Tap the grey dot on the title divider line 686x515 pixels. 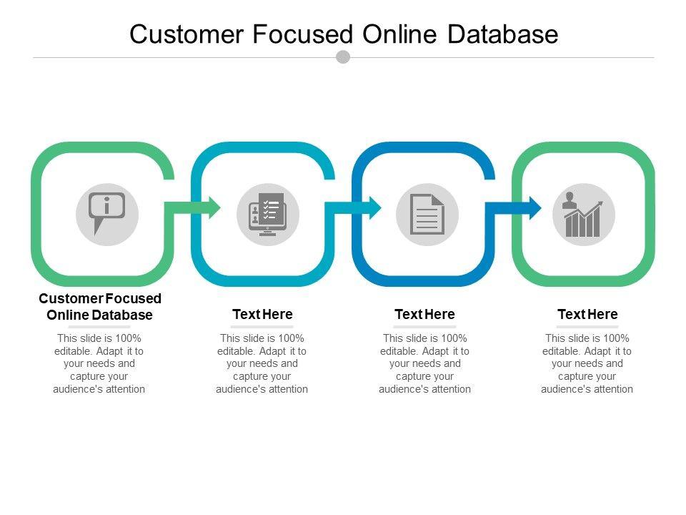(343, 57)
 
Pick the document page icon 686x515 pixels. (427, 214)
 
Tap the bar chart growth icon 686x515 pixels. (584, 215)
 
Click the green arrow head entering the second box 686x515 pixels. (212, 207)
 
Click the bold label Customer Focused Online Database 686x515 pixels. (100, 306)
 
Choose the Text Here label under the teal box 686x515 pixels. (262, 314)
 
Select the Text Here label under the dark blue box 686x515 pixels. (424, 314)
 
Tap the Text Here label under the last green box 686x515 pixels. (587, 314)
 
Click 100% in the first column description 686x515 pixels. (129, 338)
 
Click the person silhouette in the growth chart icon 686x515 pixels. (570, 201)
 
